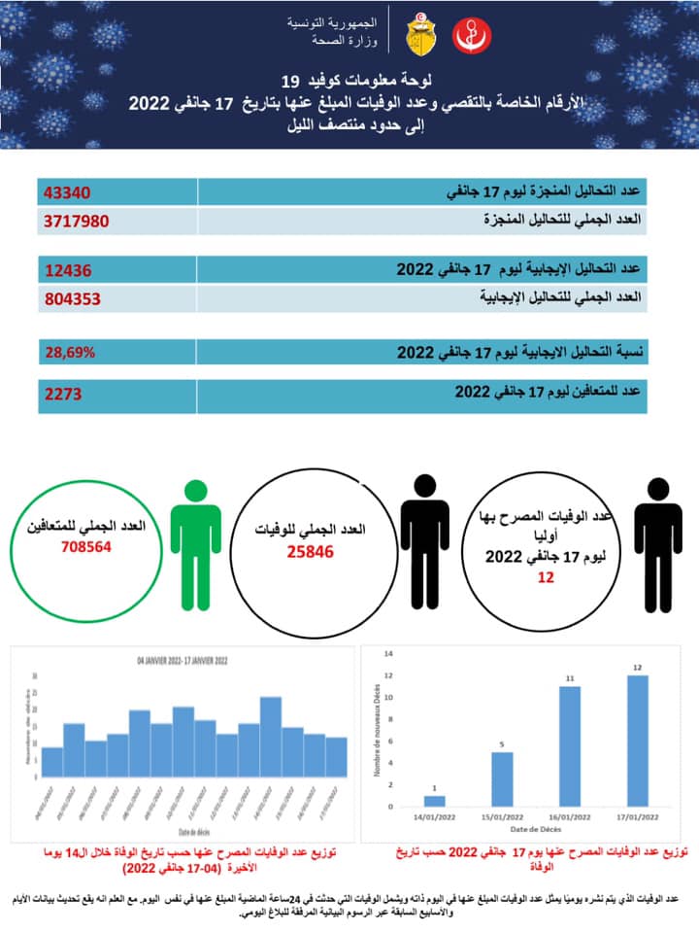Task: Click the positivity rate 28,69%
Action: coord(69,351)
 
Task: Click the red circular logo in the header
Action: coord(473,36)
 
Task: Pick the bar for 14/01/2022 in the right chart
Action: coord(435,801)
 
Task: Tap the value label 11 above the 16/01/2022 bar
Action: coord(571,677)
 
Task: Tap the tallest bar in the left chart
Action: coord(271,738)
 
